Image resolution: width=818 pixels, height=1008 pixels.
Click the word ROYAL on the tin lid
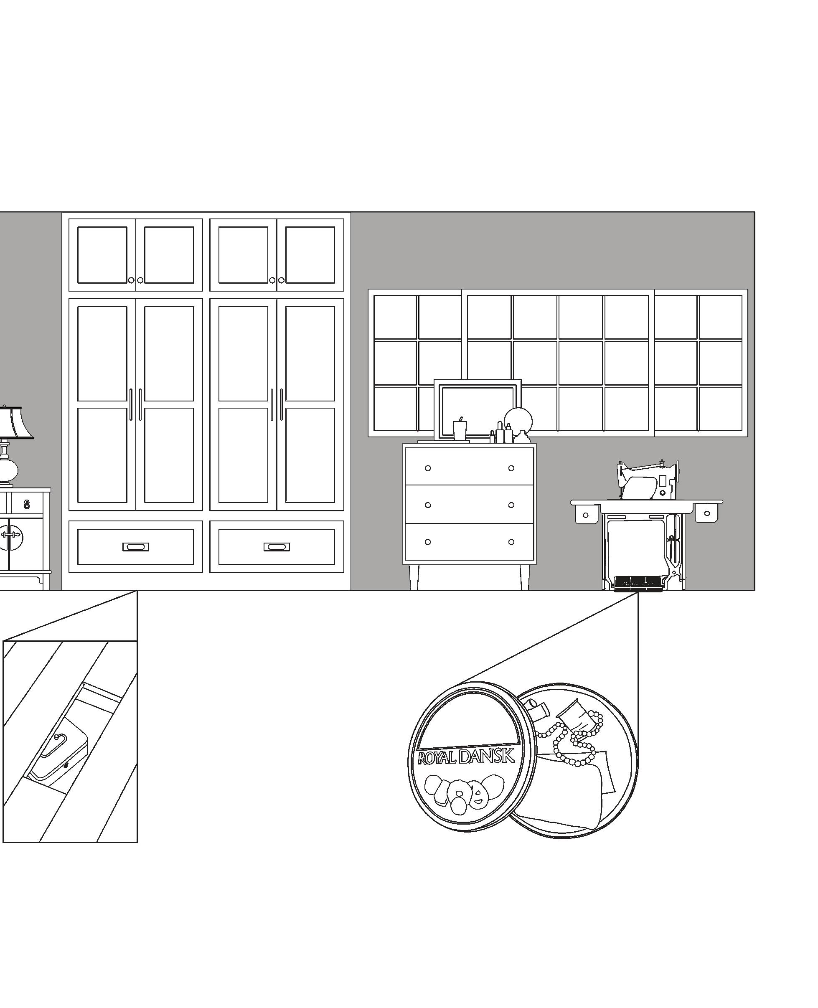[437, 758]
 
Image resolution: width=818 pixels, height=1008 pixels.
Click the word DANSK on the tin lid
[486, 756]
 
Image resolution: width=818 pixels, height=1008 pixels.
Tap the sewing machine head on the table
[648, 480]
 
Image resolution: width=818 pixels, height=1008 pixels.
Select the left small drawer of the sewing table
[586, 514]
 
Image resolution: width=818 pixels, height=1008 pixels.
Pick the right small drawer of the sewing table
[706, 513]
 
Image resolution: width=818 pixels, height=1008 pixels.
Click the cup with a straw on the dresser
[460, 430]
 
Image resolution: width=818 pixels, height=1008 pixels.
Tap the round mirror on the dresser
[518, 421]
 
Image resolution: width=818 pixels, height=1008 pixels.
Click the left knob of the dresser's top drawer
[428, 468]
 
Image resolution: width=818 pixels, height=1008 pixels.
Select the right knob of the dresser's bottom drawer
[511, 542]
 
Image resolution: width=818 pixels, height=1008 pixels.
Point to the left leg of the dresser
[414, 577]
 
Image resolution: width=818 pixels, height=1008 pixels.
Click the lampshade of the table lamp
[14, 422]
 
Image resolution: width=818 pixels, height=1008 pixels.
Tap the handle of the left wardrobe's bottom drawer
[136, 547]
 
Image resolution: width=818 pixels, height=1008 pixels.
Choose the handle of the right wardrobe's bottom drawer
[277, 547]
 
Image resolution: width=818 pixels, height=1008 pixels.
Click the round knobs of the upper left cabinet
[136, 280]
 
